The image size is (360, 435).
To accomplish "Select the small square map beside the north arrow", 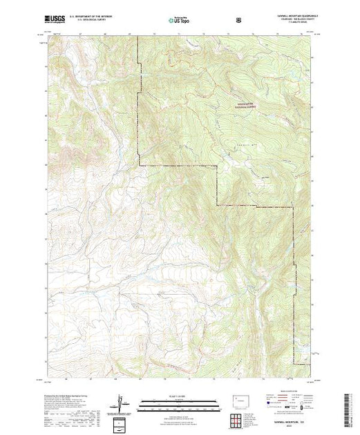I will tap(123, 420).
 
